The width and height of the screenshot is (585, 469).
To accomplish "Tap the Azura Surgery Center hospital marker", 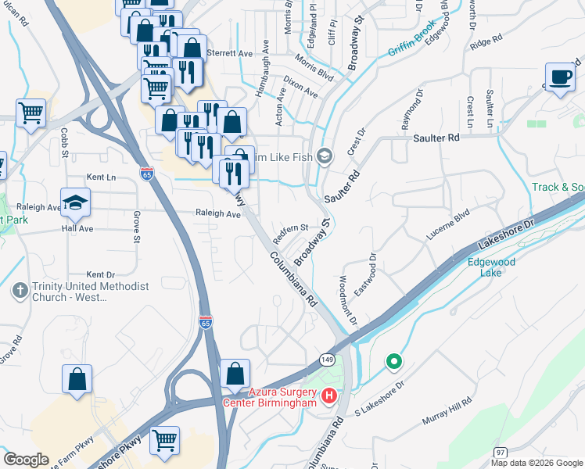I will (x=329, y=396).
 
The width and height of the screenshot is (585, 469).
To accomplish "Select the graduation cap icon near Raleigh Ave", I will (x=75, y=203).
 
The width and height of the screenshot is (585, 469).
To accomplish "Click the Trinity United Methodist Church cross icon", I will (x=20, y=291).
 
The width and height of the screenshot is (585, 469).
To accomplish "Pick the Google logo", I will (x=27, y=460).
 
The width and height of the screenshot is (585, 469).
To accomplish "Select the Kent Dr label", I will (x=101, y=274).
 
